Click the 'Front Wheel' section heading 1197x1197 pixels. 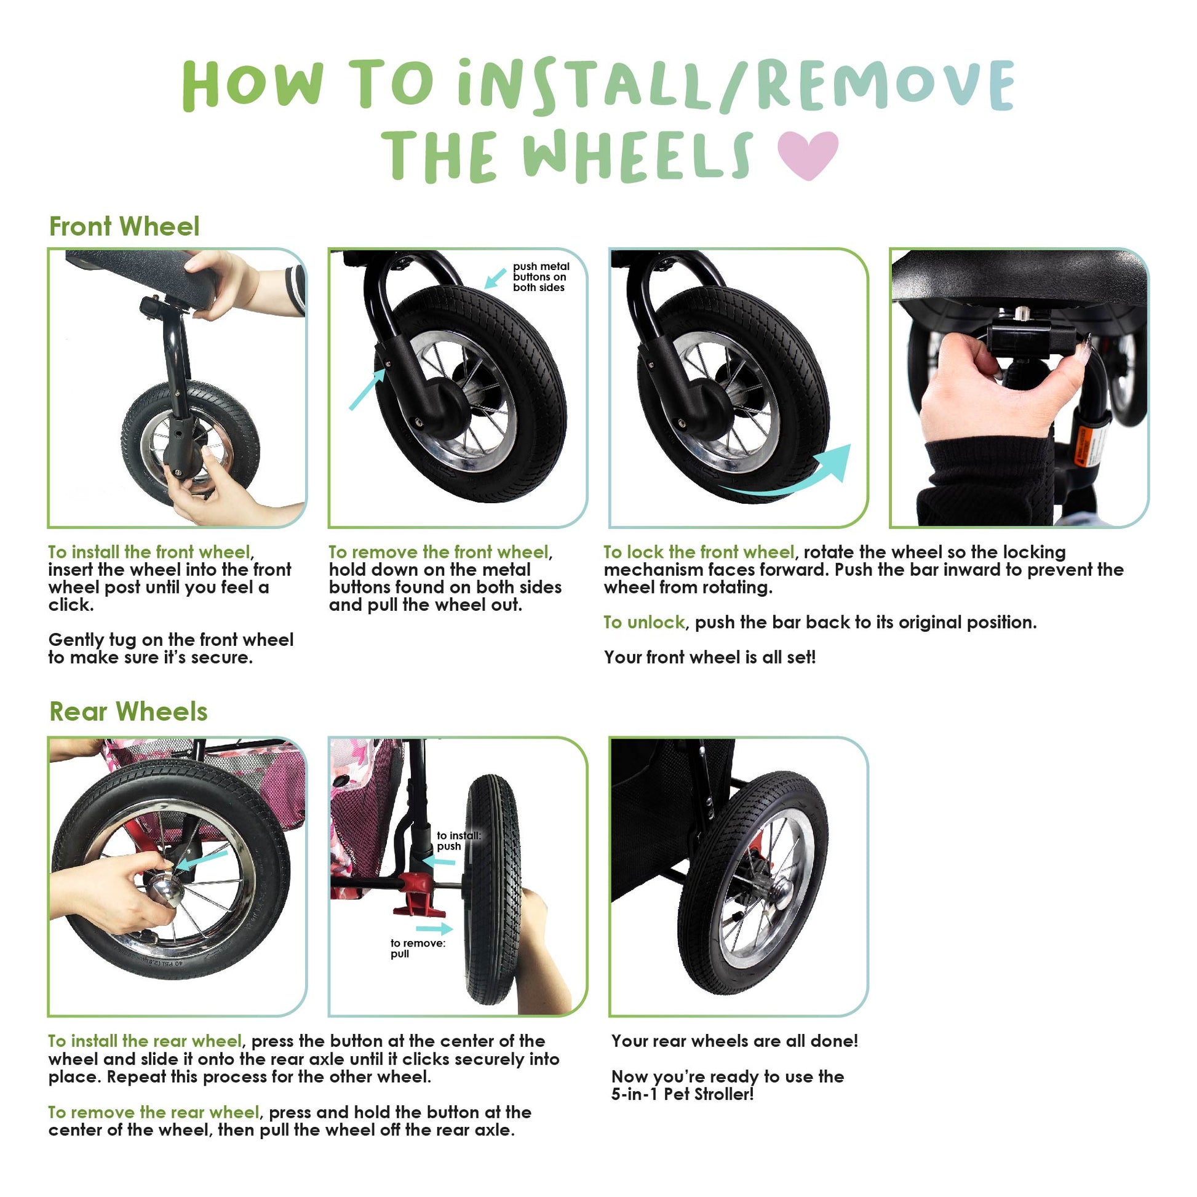coord(124,227)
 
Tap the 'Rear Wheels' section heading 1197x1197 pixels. coord(128,711)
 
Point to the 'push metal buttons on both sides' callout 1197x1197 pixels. coord(541,277)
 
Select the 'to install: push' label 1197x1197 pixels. coord(458,841)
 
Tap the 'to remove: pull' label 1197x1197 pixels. coord(418,948)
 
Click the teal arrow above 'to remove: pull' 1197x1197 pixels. coord(434,929)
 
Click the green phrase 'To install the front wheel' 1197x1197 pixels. coord(149,551)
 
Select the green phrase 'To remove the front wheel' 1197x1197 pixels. coord(439,551)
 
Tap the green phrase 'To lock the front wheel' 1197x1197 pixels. coord(699,551)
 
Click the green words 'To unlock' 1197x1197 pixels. coord(645,622)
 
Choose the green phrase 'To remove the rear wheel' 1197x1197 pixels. coord(154,1112)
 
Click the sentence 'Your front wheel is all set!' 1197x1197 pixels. coord(710,657)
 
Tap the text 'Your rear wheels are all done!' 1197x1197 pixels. coord(735,1041)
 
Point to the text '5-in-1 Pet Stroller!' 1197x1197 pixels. coord(683,1094)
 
